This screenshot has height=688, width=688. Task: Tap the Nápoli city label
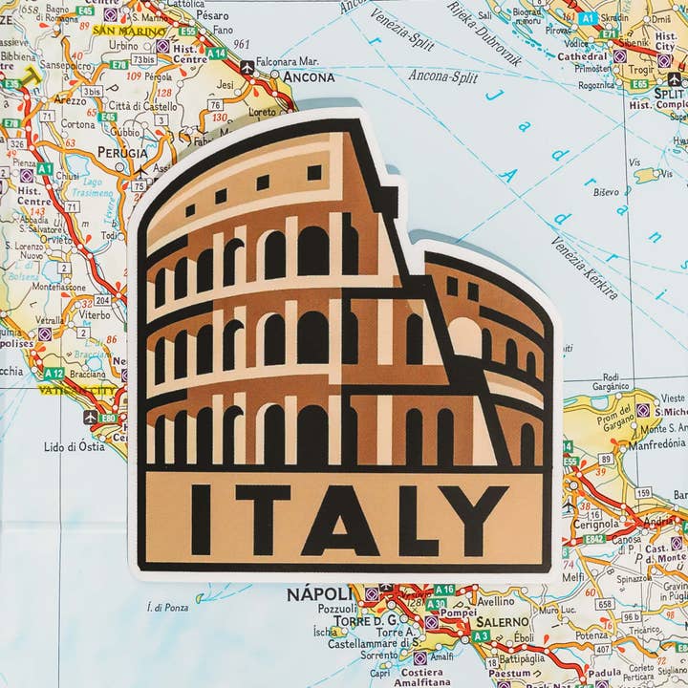315,594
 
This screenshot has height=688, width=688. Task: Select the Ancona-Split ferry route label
442,76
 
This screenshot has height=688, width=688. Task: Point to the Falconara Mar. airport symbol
248,68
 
